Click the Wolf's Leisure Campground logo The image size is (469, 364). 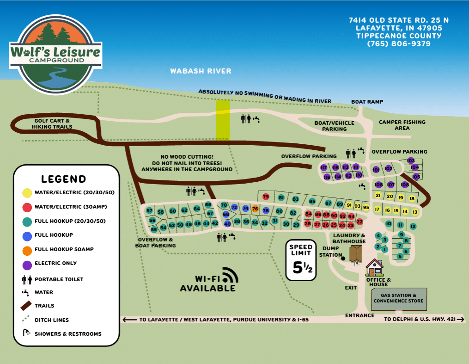point(55,55)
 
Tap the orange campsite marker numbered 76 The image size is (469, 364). point(255,209)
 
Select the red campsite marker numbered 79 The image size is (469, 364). point(266,197)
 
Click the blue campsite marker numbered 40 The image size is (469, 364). point(227,224)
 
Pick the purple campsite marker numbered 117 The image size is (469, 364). point(323,167)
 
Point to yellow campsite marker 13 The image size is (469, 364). point(415,212)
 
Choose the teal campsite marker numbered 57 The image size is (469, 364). point(149,211)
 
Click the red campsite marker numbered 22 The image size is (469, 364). point(359,222)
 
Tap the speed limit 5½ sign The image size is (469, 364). point(301,260)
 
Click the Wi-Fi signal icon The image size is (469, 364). point(229,275)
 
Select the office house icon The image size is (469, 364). point(374,268)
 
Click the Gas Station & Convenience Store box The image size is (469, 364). point(398,298)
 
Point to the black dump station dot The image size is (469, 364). point(343,258)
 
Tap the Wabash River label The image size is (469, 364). point(201,71)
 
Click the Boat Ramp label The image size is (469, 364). point(367,102)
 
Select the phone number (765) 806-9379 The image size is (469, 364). point(399,44)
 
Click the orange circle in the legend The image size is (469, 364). point(27,250)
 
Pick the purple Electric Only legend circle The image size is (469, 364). point(27,264)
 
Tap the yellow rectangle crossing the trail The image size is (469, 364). point(223,120)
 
